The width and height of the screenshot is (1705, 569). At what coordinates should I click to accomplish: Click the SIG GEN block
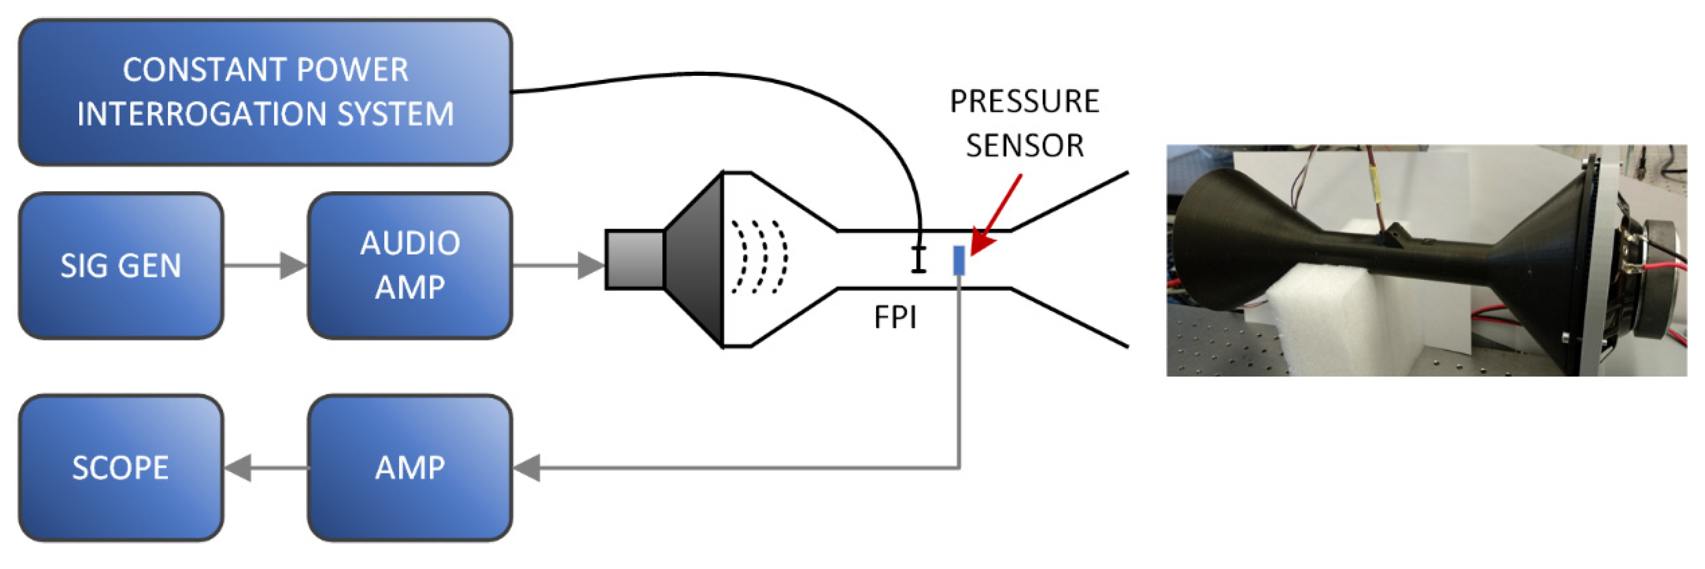(x=121, y=266)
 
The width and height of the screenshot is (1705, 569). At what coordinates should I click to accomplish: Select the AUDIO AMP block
(x=410, y=266)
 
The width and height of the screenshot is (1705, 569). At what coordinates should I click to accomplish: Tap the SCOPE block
(x=121, y=469)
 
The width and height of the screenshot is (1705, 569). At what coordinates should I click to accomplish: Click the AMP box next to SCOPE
(x=410, y=469)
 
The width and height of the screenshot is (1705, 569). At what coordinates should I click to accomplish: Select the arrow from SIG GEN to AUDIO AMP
(x=265, y=266)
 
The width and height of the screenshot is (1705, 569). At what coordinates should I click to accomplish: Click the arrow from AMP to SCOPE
(x=265, y=469)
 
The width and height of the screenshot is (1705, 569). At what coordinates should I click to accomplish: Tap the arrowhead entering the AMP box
(x=527, y=469)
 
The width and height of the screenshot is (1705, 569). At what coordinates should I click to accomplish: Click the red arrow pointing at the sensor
(x=996, y=215)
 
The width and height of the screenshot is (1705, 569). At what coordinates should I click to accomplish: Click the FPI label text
(x=895, y=318)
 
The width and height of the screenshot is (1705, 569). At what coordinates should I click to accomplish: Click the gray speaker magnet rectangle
(x=635, y=259)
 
